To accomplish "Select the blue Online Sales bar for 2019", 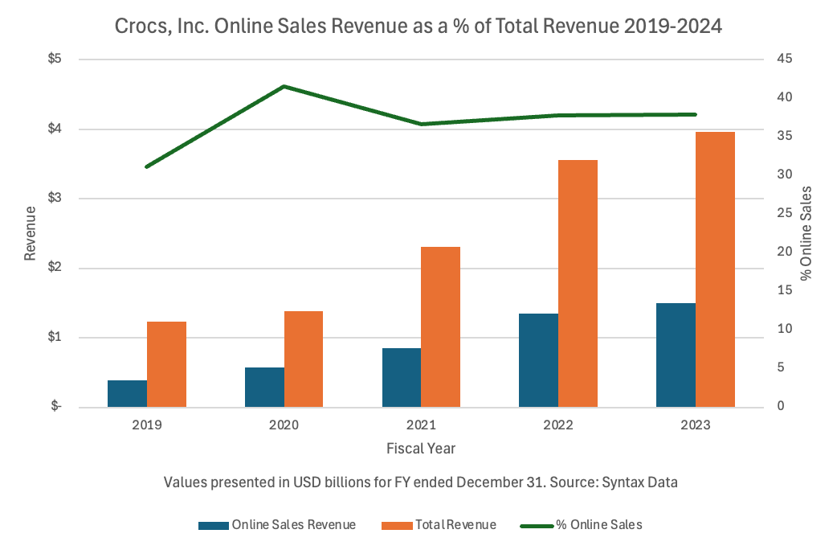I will (127, 393).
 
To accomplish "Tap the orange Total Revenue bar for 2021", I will (441, 326).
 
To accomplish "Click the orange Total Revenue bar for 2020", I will (304, 359).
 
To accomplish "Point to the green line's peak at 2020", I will (284, 86).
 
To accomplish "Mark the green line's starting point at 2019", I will (147, 166).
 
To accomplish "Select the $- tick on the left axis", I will (55, 407).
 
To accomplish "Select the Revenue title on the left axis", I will (31, 233).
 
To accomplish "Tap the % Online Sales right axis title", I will (806, 233).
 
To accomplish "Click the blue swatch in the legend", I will (214, 525).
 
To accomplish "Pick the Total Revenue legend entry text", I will (455, 525).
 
